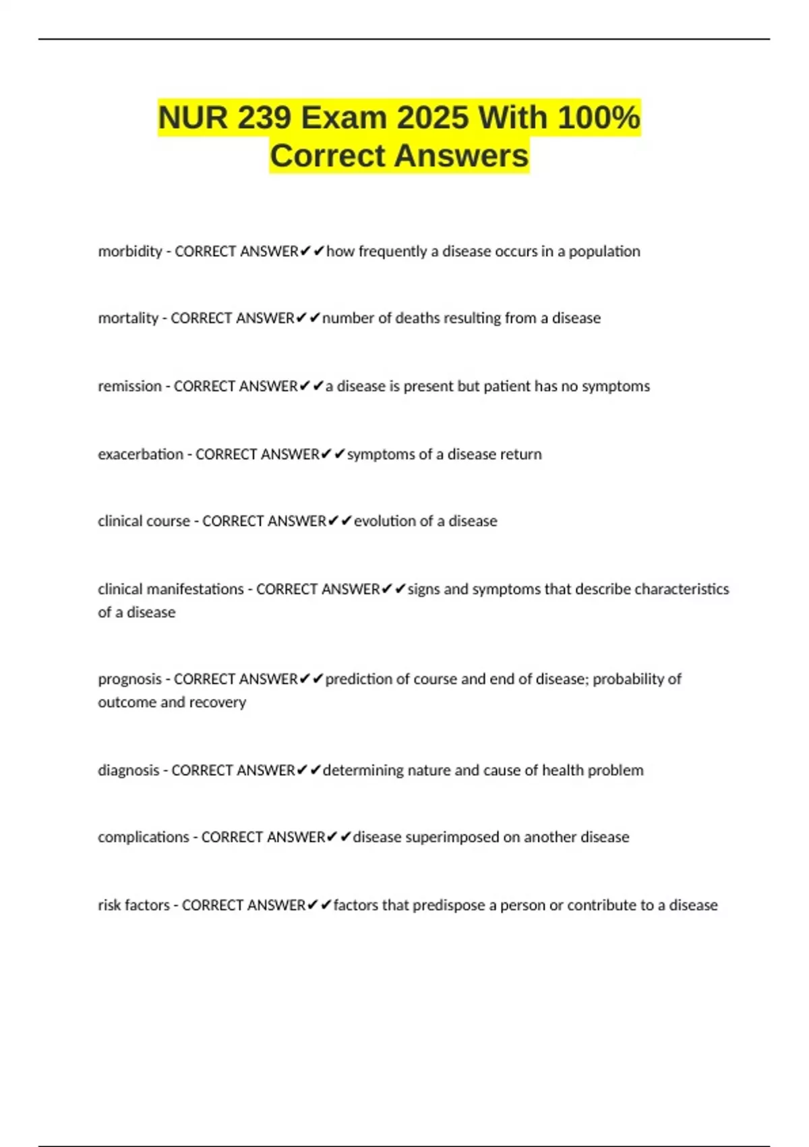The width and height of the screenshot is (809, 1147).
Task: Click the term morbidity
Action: click(130, 252)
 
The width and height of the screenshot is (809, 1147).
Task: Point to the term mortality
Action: click(128, 318)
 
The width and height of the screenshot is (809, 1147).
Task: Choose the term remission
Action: click(129, 387)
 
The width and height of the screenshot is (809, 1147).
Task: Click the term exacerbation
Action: click(140, 454)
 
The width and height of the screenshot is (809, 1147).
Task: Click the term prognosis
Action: click(129, 679)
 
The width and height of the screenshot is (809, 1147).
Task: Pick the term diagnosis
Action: click(128, 771)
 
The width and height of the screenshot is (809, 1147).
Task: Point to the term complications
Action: click(143, 837)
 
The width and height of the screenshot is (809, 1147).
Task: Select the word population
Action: click(604, 252)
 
